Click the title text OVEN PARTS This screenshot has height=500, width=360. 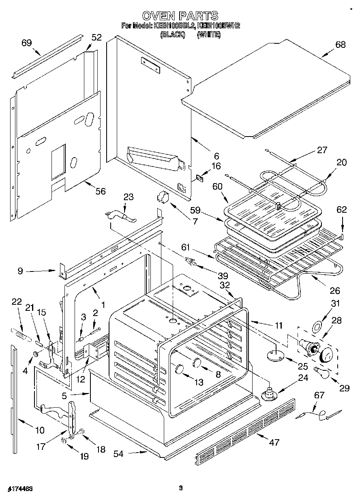click(x=180, y=16)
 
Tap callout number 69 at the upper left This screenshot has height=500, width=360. click(x=27, y=43)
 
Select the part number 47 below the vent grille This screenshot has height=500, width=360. click(x=274, y=442)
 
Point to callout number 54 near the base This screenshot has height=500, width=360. click(x=118, y=454)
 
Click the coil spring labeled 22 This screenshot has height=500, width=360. click(x=19, y=334)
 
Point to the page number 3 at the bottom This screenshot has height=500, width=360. click(x=181, y=488)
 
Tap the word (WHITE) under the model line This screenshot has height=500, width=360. click(x=208, y=35)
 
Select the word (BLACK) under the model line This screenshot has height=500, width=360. click(x=172, y=35)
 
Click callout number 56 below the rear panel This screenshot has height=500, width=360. click(x=100, y=191)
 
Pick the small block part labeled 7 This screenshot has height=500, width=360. click(x=163, y=197)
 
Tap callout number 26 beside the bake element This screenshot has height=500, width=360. click(x=335, y=290)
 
